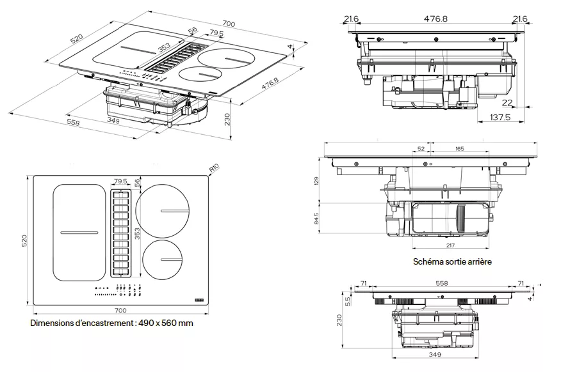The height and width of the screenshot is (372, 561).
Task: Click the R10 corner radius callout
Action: tap(215, 168)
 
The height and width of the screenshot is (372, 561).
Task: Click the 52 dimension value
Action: tap(421, 148)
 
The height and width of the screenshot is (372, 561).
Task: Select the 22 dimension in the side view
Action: tap(507, 102)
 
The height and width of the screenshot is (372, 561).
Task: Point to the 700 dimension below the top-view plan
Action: tap(120, 310)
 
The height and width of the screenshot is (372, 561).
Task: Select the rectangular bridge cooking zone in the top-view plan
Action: tap(78, 233)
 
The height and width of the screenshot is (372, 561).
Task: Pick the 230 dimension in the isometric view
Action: tap(227, 119)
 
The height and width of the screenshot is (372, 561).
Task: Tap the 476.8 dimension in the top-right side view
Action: tap(435, 19)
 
